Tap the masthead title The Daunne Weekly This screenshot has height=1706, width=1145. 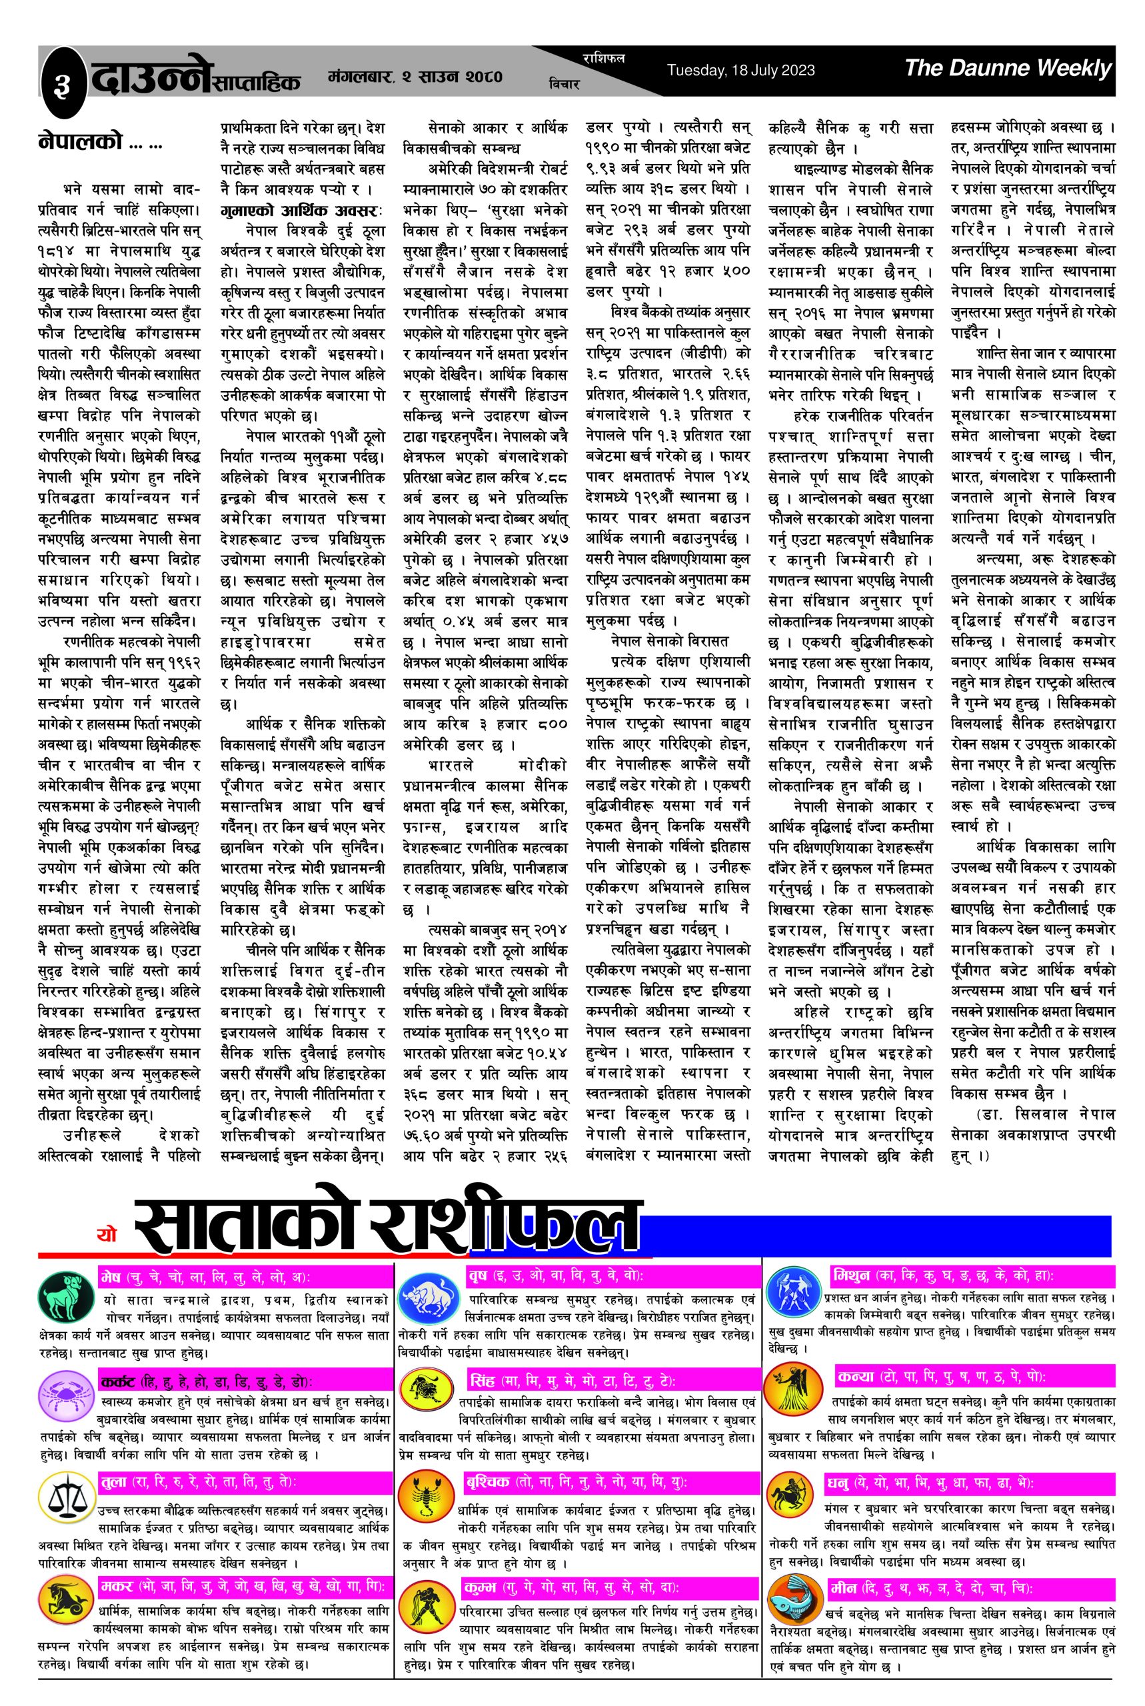tap(1007, 69)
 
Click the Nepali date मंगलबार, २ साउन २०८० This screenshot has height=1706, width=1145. tap(415, 76)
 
